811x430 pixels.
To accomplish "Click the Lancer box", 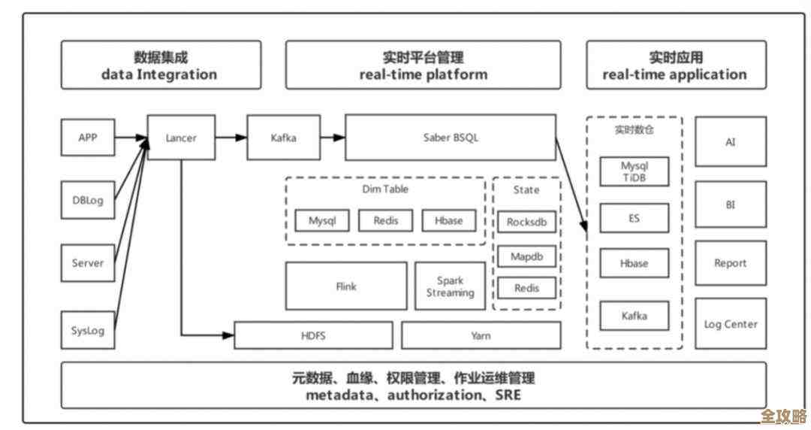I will [x=181, y=138].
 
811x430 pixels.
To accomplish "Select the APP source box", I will [x=87, y=138].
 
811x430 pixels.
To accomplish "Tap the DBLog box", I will [x=87, y=201].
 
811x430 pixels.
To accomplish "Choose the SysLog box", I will [x=87, y=330].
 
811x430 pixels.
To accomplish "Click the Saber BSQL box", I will [x=451, y=138].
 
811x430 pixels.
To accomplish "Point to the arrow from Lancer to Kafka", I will [x=232, y=138].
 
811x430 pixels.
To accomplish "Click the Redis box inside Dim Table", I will [x=385, y=221].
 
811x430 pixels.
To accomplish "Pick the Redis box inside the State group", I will [x=526, y=288].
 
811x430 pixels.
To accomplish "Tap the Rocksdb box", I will [x=526, y=223].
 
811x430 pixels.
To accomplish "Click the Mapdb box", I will [x=526, y=256].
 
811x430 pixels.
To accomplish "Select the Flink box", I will [x=346, y=286].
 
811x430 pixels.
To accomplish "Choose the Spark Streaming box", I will [x=450, y=286].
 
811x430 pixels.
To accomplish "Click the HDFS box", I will [x=313, y=335].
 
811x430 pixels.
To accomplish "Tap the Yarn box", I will [x=481, y=335].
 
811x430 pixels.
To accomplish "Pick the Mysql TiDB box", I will [x=634, y=171].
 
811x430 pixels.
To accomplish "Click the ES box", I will [x=634, y=218].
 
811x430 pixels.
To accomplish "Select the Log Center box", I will [x=731, y=324].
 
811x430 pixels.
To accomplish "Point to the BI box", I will [x=731, y=203].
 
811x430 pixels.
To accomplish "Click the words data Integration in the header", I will [x=159, y=74].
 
